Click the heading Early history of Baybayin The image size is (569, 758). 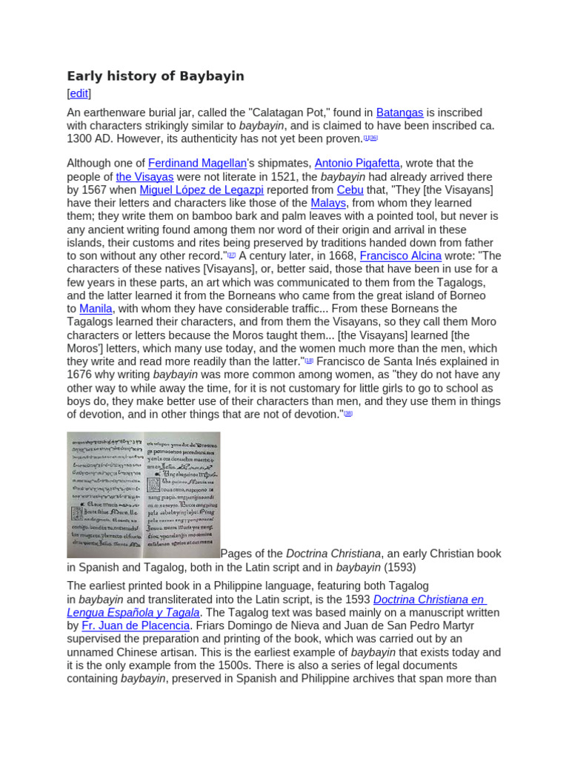coord(156,76)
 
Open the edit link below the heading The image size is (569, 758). coord(79,94)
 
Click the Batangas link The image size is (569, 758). coord(399,113)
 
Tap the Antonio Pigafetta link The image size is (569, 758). coord(357,164)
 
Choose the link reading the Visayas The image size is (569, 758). coord(144,177)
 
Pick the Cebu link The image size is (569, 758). coord(350,190)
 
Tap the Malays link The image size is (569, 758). coord(328,204)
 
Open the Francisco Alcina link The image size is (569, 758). coord(400,256)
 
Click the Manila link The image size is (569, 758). coord(96,309)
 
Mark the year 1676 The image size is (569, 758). coord(79,375)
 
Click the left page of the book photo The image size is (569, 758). coord(104,494)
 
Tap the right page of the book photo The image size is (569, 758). coord(182,494)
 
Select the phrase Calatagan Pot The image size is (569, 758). coord(277,113)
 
